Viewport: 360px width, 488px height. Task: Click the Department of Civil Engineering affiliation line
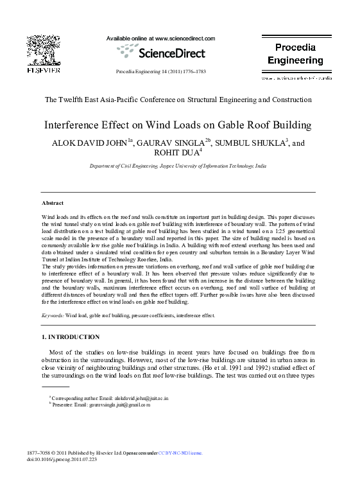pyautogui.click(x=177, y=166)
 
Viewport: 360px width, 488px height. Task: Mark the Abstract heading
pyautogui.click(x=53, y=202)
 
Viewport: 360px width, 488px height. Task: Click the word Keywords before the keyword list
pyautogui.click(x=53, y=316)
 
